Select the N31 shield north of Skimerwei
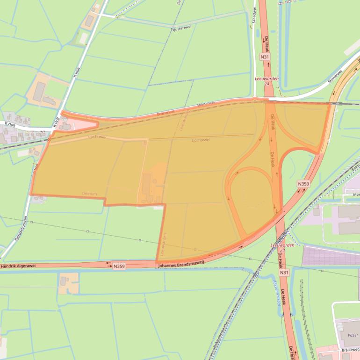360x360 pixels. [x=265, y=57]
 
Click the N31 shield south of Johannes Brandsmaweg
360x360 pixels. [x=284, y=272]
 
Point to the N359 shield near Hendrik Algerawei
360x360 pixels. [x=119, y=266]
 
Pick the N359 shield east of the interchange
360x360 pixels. [x=303, y=184]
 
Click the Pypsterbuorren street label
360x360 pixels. [x=21, y=229]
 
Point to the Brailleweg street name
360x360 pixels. [x=350, y=349]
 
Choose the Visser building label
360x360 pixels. [x=353, y=335]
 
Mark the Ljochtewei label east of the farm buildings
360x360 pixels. [x=201, y=140]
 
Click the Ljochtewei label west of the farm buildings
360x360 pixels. [x=97, y=137]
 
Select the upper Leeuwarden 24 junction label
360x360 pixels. [x=267, y=81]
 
